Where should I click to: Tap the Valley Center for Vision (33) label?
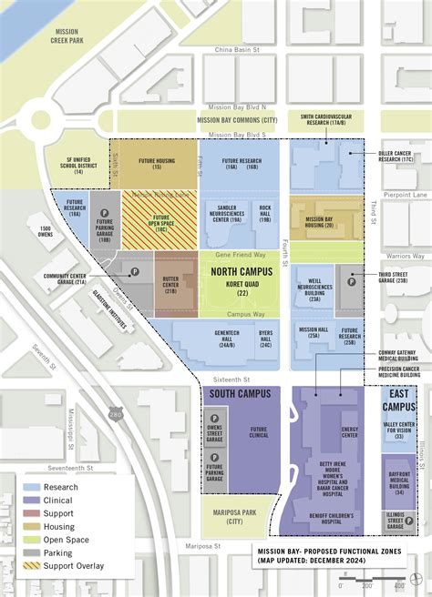click(x=399, y=429)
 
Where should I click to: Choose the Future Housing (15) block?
click(x=157, y=164)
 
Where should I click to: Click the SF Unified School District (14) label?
click(x=78, y=164)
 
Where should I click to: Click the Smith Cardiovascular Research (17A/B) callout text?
click(x=326, y=120)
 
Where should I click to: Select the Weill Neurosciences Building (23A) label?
click(x=314, y=289)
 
